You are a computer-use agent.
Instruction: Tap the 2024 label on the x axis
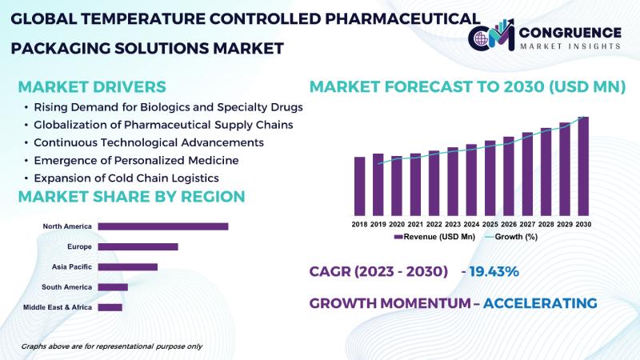pos(471,226)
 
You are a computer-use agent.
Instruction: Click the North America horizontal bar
pos(163,226)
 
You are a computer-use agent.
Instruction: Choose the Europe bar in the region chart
pos(138,246)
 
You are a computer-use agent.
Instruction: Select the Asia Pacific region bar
pos(127,266)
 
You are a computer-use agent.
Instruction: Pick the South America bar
pos(113,286)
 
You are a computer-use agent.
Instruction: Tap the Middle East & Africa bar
pos(110,306)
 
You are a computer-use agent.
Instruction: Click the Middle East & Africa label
pos(58,307)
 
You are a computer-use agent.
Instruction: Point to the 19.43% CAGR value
pos(495,272)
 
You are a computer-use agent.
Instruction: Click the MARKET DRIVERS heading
pos(92,86)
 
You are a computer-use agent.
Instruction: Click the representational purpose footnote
pos(111,346)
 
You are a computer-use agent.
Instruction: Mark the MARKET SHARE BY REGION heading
pos(131,197)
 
